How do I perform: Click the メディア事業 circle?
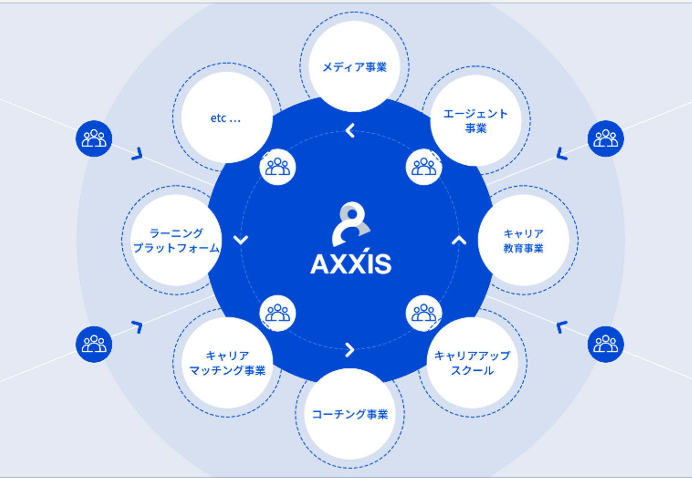(x=355, y=66)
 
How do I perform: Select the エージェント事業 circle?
(x=476, y=120)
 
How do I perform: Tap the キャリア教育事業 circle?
(x=523, y=240)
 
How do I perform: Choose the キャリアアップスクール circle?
(x=472, y=363)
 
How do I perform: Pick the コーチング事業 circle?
(x=350, y=414)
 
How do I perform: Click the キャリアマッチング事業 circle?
(x=227, y=363)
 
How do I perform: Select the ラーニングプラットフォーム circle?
(x=176, y=240)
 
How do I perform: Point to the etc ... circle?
(x=226, y=118)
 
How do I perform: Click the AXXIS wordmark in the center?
(x=351, y=264)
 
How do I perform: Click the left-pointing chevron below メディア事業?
(x=350, y=130)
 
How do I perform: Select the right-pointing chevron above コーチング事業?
(x=350, y=350)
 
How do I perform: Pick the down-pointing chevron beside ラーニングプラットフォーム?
(x=241, y=239)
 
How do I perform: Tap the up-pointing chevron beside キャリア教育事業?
(x=459, y=240)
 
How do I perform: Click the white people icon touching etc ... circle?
(x=278, y=167)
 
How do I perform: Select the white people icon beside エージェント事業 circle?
(x=424, y=167)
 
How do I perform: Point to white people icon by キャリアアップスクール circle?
(x=424, y=313)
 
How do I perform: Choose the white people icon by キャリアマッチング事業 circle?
(x=278, y=313)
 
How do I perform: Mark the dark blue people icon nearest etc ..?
(x=94, y=138)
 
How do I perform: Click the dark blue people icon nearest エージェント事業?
(x=605, y=138)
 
